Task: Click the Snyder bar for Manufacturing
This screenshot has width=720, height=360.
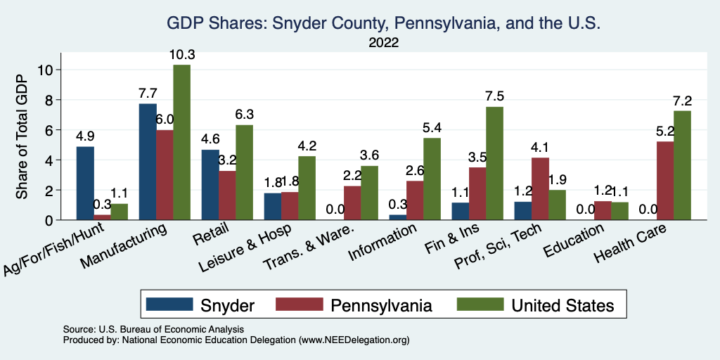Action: (148, 162)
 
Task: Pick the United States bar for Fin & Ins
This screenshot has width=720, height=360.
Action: (495, 163)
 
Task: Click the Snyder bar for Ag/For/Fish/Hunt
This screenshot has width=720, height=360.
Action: (85, 183)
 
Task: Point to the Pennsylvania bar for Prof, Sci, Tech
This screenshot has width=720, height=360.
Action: (541, 188)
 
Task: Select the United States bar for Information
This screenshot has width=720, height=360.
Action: (432, 179)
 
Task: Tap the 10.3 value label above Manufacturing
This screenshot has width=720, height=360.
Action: (181, 54)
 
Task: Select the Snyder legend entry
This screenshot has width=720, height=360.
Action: (200, 305)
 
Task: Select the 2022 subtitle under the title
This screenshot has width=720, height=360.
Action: (383, 43)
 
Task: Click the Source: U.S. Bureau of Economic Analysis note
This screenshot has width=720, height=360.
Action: (153, 329)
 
